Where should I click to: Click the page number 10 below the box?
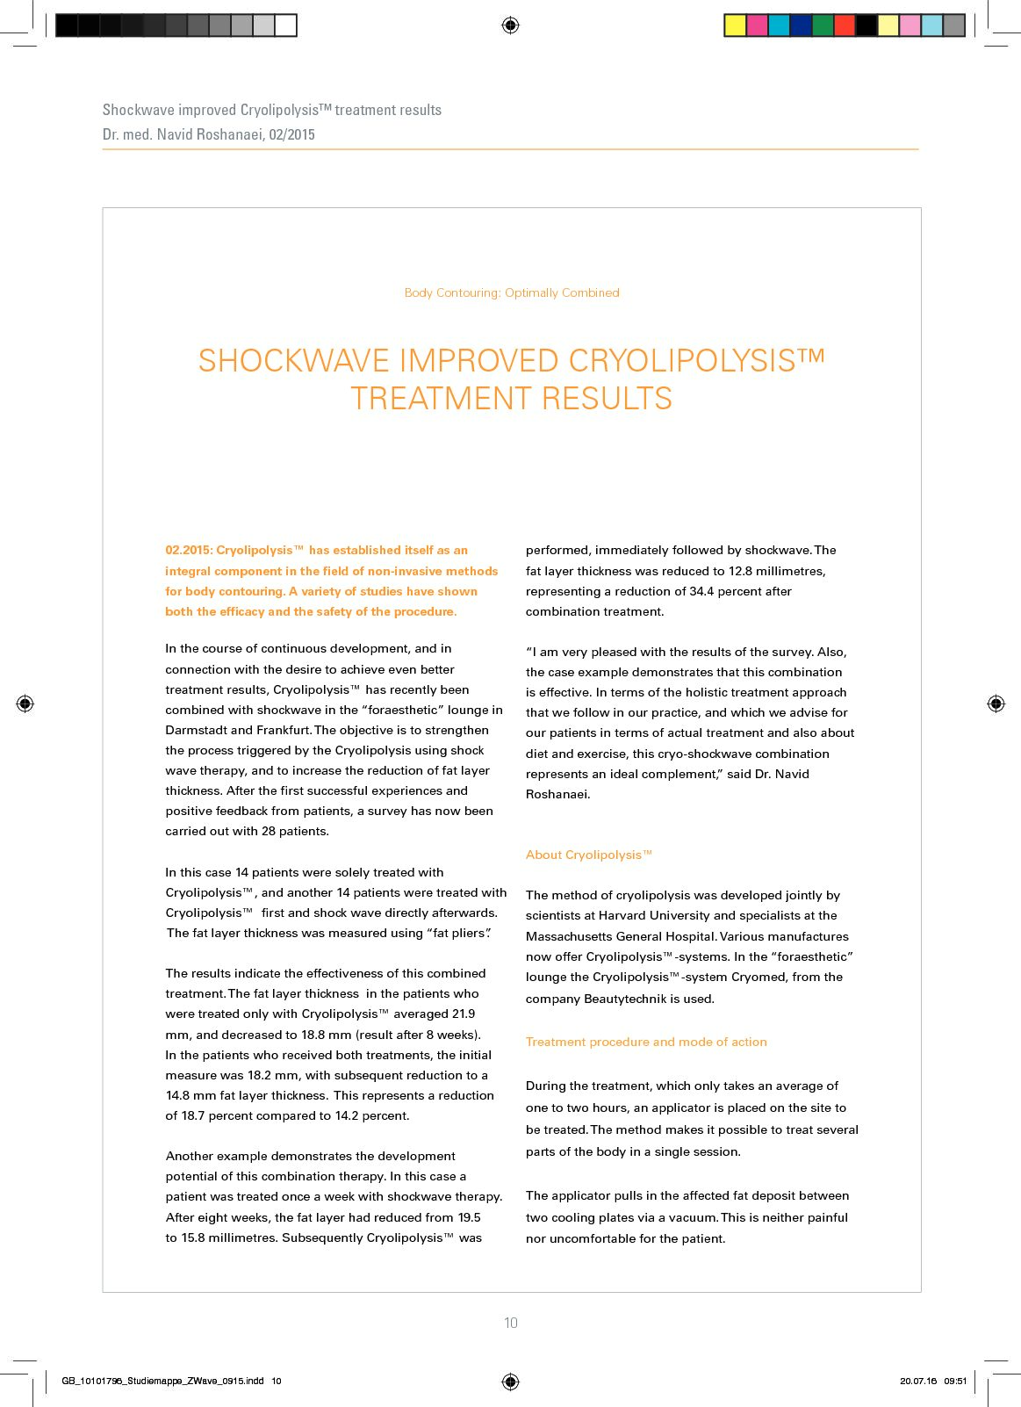tap(511, 1323)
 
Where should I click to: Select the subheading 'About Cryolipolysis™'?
tap(588, 855)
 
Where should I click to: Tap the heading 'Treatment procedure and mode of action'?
tap(646, 1042)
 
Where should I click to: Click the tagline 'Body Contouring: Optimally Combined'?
tap(512, 292)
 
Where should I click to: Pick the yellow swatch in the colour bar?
tap(735, 25)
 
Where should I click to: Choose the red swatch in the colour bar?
tap(845, 25)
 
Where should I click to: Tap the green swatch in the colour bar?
tap(823, 25)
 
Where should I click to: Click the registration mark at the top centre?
tap(510, 25)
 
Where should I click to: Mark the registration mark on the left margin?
tap(25, 703)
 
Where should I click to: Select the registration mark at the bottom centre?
tap(510, 1382)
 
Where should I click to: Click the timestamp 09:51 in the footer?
tap(955, 1382)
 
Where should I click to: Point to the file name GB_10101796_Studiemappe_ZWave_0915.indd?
tap(162, 1382)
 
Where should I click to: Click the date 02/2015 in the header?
tap(291, 134)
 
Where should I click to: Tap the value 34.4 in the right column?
tap(701, 591)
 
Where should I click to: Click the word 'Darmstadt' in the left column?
tap(196, 730)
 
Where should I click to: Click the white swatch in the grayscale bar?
tap(286, 25)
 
